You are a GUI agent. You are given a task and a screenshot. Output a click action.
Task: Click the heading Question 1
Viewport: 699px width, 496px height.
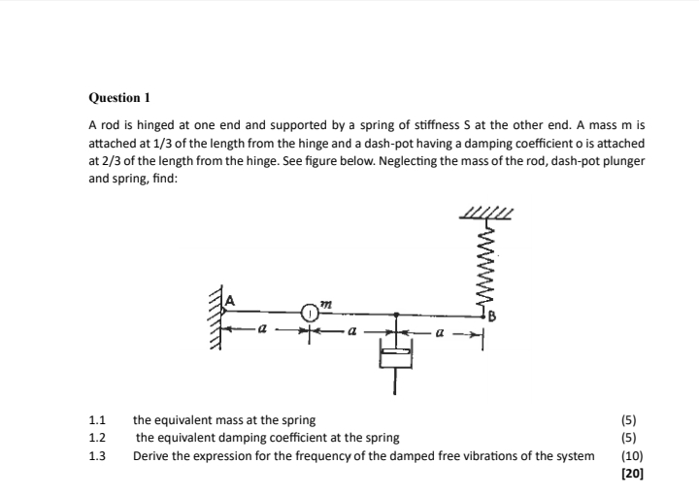[x=119, y=98]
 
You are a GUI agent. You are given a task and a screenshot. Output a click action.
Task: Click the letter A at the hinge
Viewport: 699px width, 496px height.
[x=231, y=301]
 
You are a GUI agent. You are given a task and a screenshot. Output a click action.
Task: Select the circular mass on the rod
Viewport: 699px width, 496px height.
[x=309, y=313]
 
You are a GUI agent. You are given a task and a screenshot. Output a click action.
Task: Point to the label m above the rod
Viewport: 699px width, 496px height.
[x=327, y=304]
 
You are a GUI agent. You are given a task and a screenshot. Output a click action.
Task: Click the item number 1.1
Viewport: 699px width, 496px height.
[x=96, y=420]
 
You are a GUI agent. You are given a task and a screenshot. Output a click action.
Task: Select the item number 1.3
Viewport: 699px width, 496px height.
[x=96, y=455]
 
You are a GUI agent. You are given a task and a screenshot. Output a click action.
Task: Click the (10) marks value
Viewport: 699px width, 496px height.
[x=631, y=455]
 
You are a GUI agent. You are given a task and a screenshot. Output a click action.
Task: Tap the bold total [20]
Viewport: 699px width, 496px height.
[x=631, y=473]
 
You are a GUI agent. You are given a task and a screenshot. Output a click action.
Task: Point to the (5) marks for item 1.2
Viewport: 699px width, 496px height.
[x=631, y=438]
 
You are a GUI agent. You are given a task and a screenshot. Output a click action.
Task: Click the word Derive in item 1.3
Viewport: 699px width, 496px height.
[x=151, y=455]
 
